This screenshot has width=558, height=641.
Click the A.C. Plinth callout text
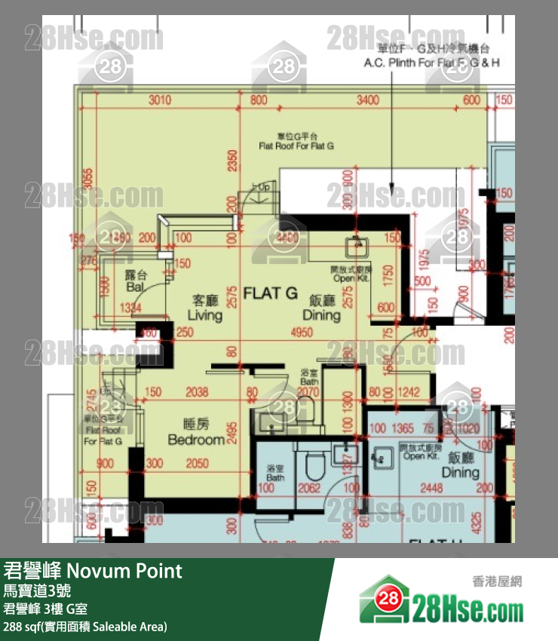pyautogui.click(x=432, y=64)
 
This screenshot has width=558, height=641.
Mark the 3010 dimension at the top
pyautogui.click(x=160, y=100)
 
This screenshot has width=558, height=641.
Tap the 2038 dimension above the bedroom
pyautogui.click(x=196, y=392)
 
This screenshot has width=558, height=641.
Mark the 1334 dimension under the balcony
pyautogui.click(x=130, y=308)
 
